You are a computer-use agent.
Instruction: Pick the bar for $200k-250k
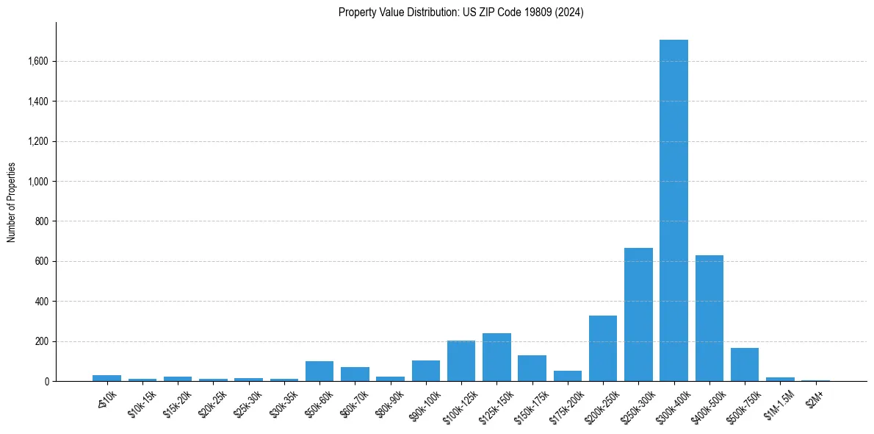click(x=603, y=349)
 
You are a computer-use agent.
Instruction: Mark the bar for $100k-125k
click(x=461, y=361)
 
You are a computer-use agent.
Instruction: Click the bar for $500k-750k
click(x=745, y=365)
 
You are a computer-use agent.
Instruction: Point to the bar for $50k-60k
click(x=319, y=371)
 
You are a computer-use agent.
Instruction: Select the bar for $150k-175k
click(x=532, y=369)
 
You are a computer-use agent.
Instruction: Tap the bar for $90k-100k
click(x=426, y=371)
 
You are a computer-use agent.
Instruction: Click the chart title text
click(x=461, y=13)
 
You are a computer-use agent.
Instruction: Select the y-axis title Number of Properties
click(x=12, y=202)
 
